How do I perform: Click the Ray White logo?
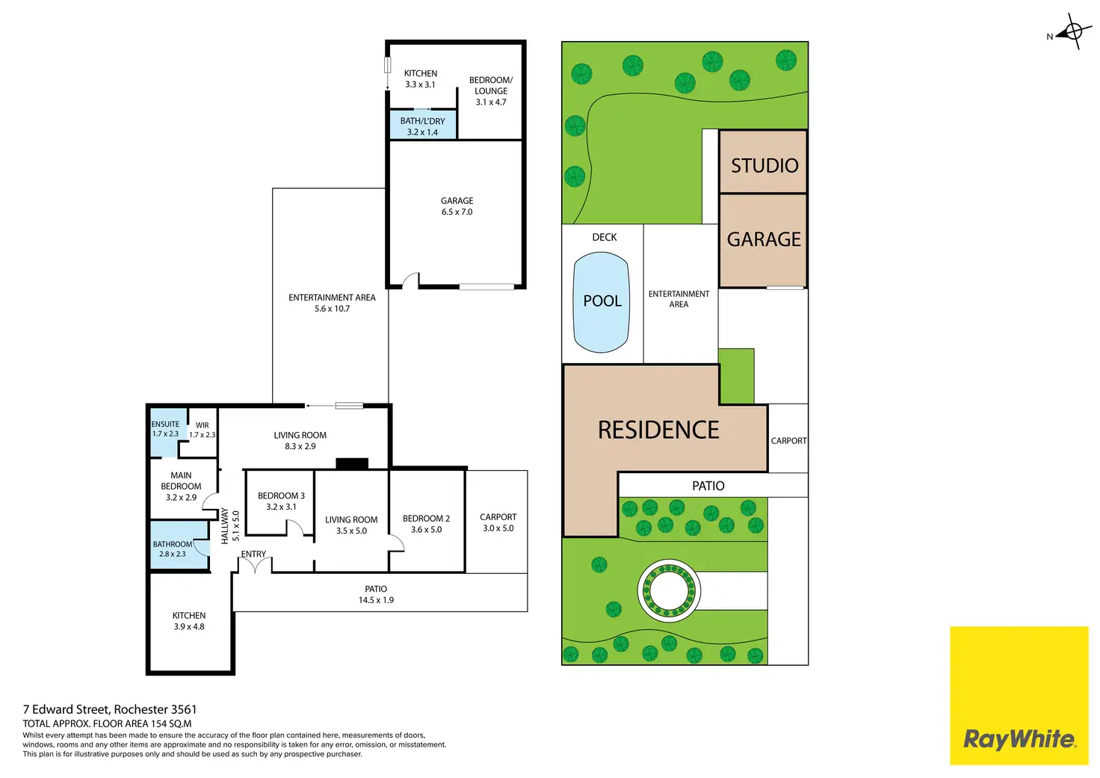[1019, 696]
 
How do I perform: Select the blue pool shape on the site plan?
[601, 302]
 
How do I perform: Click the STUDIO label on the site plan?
[764, 165]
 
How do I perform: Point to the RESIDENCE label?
[658, 430]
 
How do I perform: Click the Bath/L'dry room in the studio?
[422, 126]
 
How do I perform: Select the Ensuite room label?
[165, 429]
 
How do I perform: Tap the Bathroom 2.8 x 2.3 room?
[179, 545]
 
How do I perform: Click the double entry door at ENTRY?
[255, 566]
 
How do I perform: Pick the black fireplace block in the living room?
[352, 463]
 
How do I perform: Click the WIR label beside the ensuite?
[202, 425]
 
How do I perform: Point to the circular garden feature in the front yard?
[669, 590]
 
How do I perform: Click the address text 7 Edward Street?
[67, 709]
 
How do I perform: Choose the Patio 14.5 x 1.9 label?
[376, 594]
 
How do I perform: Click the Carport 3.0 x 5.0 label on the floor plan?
[498, 522]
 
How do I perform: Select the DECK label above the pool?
[604, 237]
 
